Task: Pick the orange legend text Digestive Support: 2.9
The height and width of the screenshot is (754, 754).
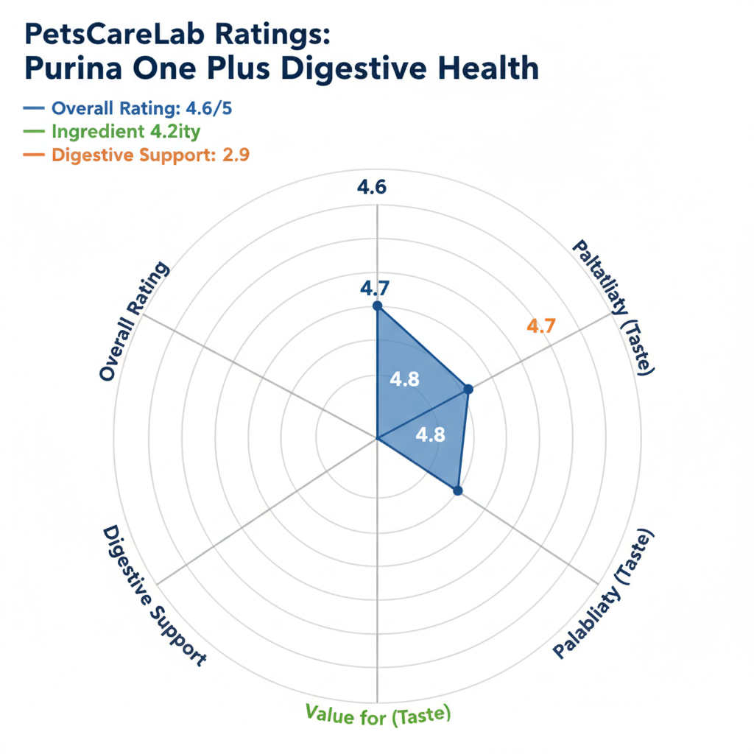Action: point(155,155)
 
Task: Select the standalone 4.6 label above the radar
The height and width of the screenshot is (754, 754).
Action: point(372,187)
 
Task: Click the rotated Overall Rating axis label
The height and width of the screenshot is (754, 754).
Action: point(134,323)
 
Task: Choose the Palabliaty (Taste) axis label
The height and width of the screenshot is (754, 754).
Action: point(604,593)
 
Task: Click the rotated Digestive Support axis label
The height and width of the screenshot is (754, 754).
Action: point(152,596)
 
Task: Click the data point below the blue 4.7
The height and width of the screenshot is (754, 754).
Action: point(377,306)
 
